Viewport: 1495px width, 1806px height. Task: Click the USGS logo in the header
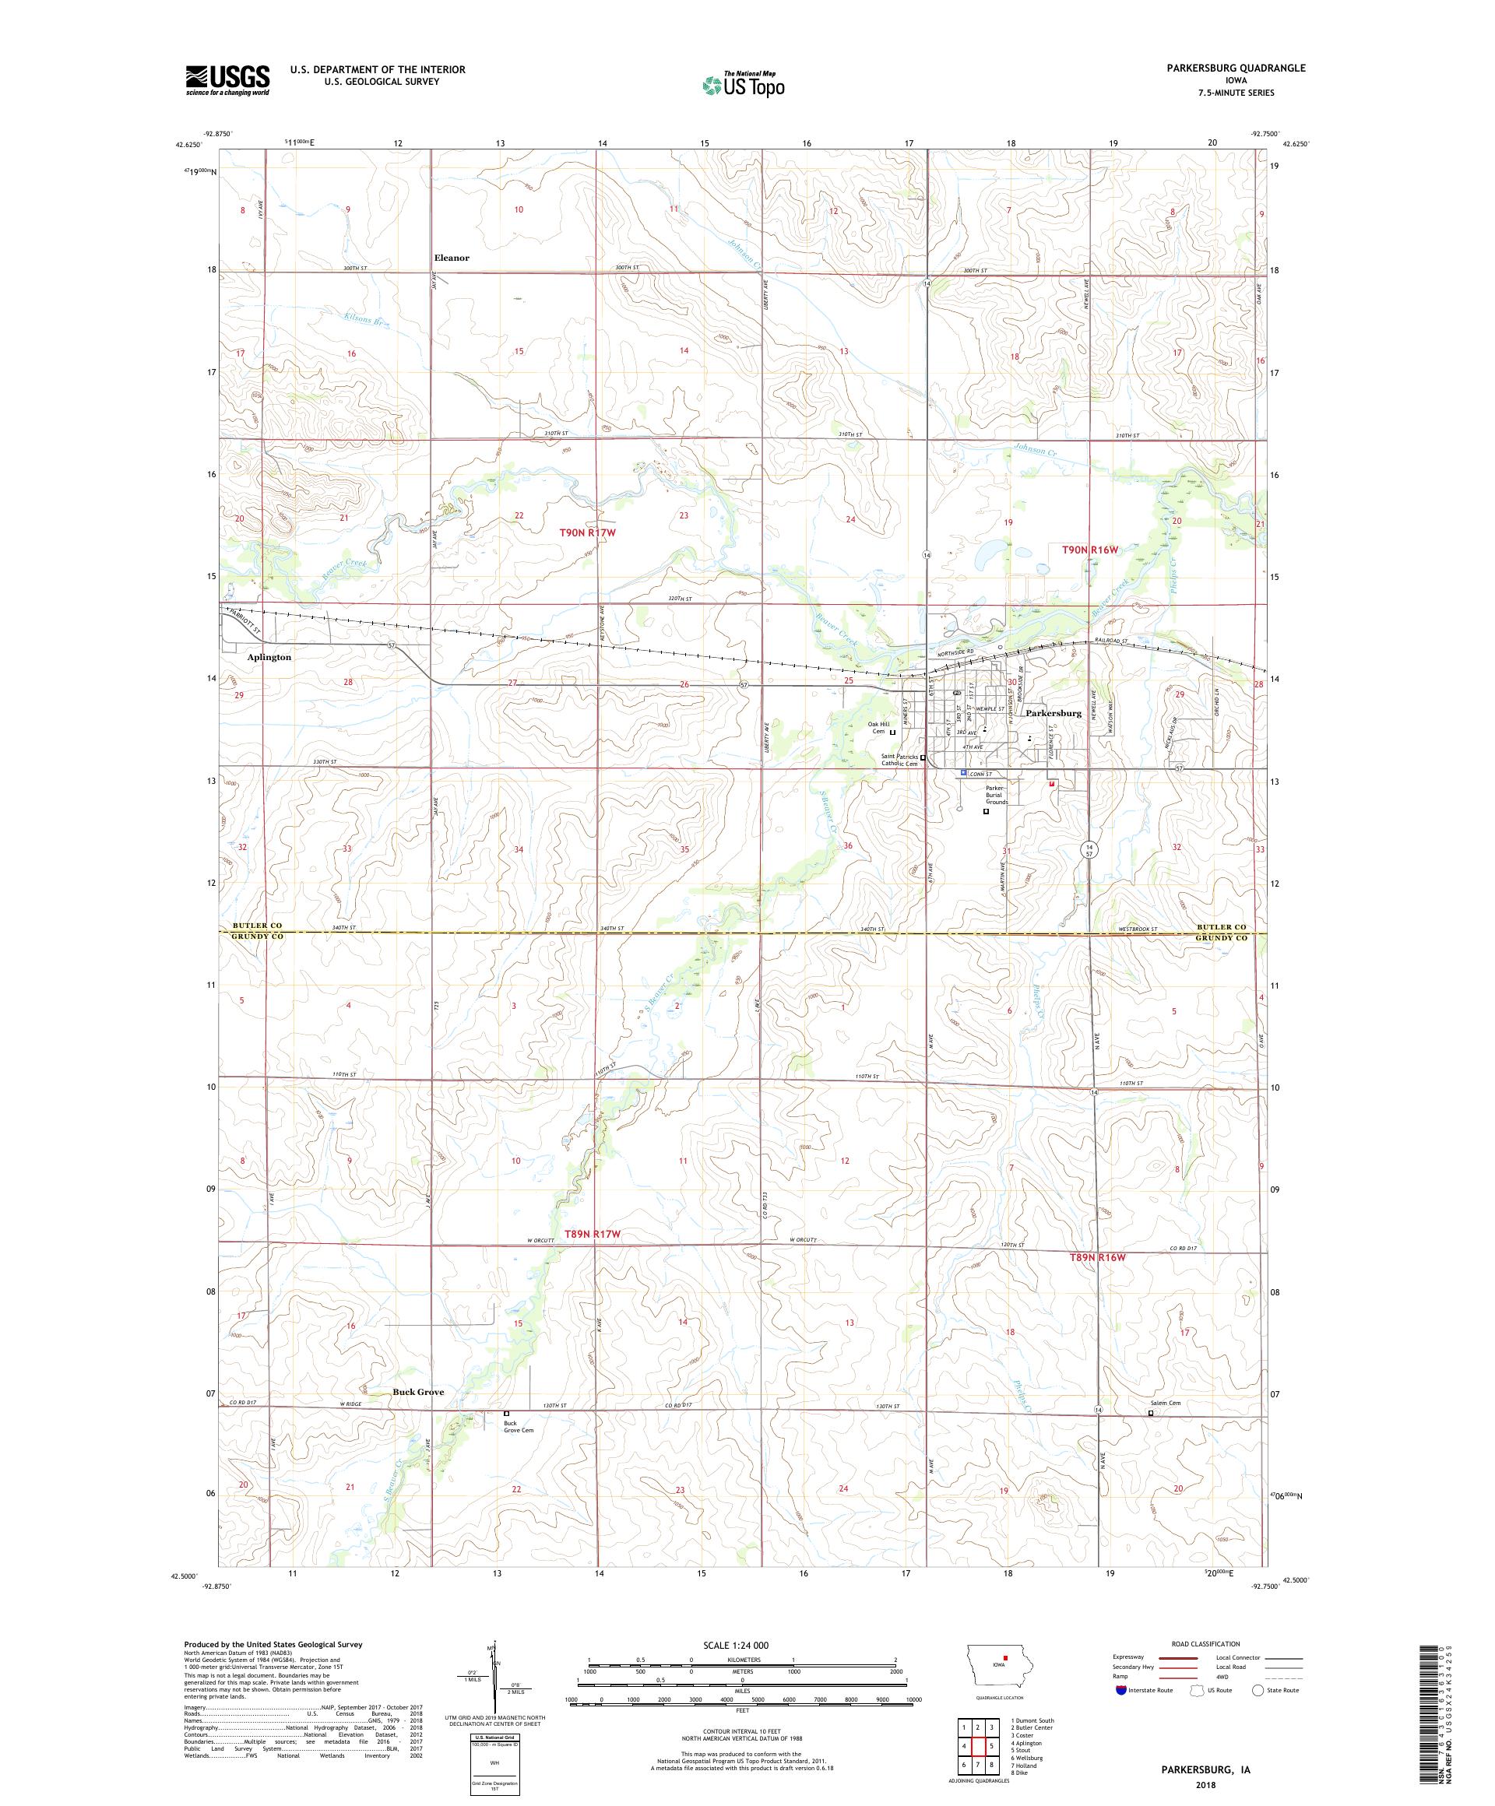[227, 80]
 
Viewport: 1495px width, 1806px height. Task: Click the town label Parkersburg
[1053, 713]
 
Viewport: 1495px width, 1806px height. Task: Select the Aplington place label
[269, 656]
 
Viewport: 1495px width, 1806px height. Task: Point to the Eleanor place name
[452, 257]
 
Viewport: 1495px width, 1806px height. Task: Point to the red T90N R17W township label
[589, 532]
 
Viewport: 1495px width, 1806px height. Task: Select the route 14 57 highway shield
[1089, 849]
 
